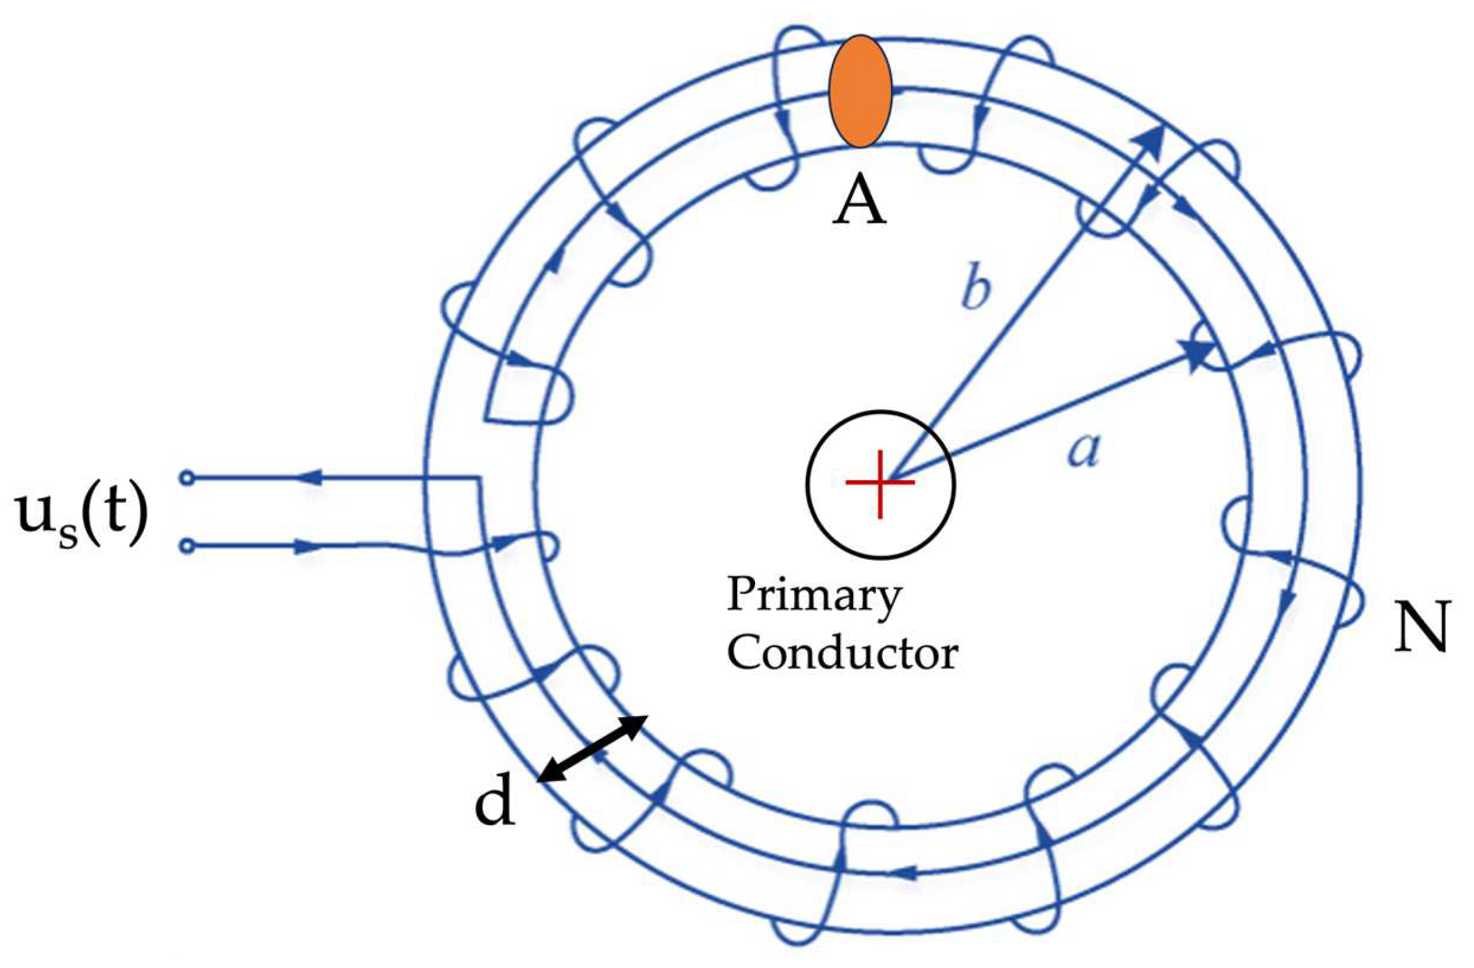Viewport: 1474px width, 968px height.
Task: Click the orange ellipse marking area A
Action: coord(860,92)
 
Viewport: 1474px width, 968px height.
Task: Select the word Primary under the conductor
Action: coord(814,596)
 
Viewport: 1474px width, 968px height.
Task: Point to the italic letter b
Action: coord(976,291)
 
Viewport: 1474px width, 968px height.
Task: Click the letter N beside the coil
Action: coord(1421,627)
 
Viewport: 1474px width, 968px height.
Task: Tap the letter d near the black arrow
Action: coord(495,805)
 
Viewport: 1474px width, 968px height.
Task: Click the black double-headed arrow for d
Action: coord(593,749)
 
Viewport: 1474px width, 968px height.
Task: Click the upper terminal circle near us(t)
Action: coord(187,478)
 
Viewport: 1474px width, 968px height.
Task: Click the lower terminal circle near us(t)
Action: coord(187,546)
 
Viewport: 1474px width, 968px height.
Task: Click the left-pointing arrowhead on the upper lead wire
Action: coord(309,478)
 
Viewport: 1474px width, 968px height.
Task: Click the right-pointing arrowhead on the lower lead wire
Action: coord(309,546)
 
